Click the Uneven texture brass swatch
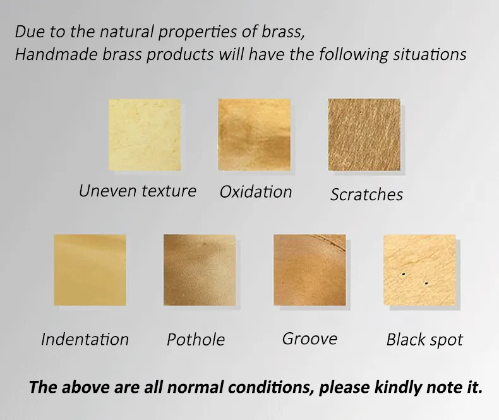pos(145,135)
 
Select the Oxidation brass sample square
pos(255,135)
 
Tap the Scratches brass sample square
pos(364,135)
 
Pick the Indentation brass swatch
pos(90,270)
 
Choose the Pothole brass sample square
pos(200,270)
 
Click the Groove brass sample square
pos(310,270)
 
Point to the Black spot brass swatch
pos(420,270)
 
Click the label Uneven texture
pos(138,191)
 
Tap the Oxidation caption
pos(256,192)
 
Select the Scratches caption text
pos(366,195)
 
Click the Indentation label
pos(85,339)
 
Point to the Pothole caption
pos(196,340)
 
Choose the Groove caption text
pos(310,339)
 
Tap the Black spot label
pos(424,340)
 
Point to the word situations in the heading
pos(430,54)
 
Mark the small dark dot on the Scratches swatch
pos(361,112)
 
